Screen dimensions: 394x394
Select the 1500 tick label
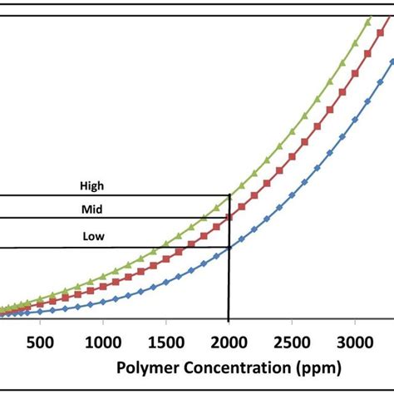pos(166,342)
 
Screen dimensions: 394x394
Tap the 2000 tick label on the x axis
pos(229,342)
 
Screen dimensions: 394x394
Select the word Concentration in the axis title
pos(229,367)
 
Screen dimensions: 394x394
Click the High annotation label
pos(92,186)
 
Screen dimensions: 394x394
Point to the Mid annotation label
pos(92,209)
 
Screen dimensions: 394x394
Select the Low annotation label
pos(93,236)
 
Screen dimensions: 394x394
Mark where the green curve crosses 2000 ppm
pos(229,196)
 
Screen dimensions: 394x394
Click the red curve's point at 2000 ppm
pos(229,218)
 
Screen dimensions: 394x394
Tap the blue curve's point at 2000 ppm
pos(229,248)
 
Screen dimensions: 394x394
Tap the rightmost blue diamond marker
pos(391,61)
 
